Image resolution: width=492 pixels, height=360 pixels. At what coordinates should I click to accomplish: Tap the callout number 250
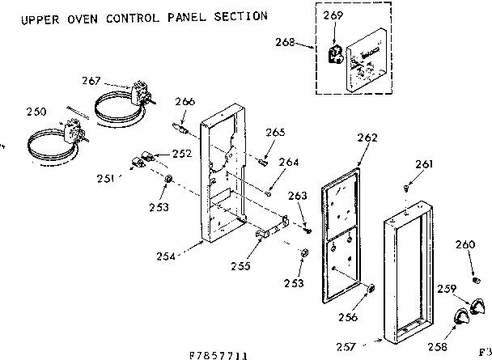pyautogui.click(x=36, y=112)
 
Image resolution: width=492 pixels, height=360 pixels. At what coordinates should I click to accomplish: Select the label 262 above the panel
pyautogui.click(x=367, y=138)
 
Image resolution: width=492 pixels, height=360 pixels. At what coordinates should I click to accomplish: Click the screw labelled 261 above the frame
pyautogui.click(x=405, y=188)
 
